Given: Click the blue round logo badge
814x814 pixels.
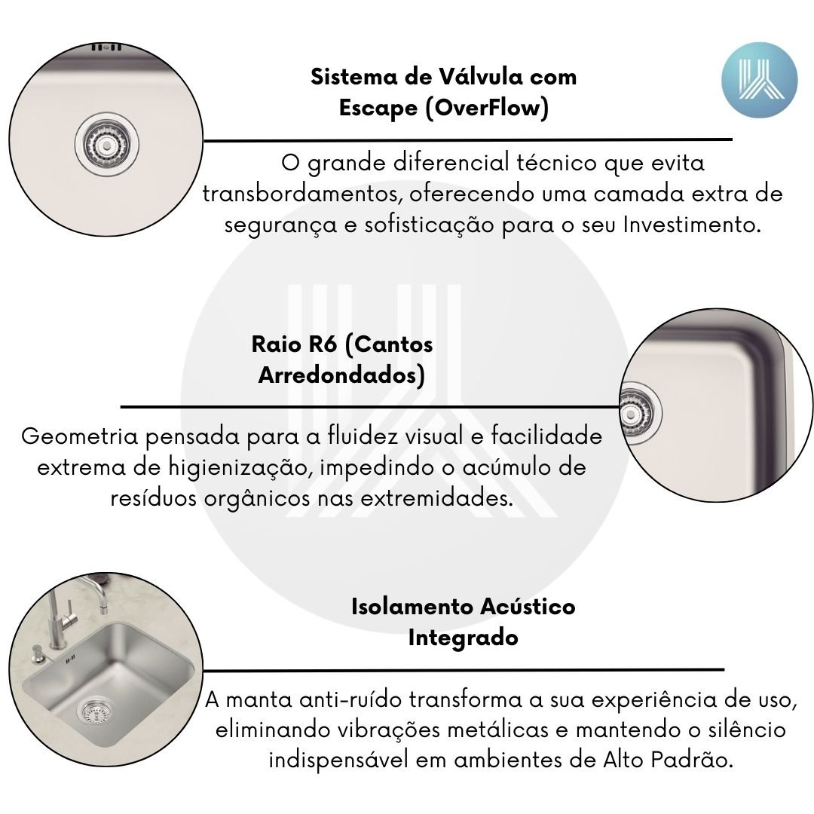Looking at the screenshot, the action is click(x=759, y=80).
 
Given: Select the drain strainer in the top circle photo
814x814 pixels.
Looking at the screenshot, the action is click(x=106, y=142).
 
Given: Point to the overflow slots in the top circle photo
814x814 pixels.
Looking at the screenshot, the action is click(x=106, y=47).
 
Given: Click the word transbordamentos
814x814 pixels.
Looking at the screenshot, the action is click(x=303, y=194).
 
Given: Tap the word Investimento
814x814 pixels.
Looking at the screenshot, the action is click(x=692, y=225).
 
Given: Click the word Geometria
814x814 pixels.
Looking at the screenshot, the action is click(x=79, y=436).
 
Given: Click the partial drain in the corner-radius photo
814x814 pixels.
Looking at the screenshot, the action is click(x=641, y=414).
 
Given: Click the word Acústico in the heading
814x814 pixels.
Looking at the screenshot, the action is click(x=528, y=607).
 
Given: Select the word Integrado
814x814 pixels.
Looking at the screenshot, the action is click(x=463, y=638).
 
